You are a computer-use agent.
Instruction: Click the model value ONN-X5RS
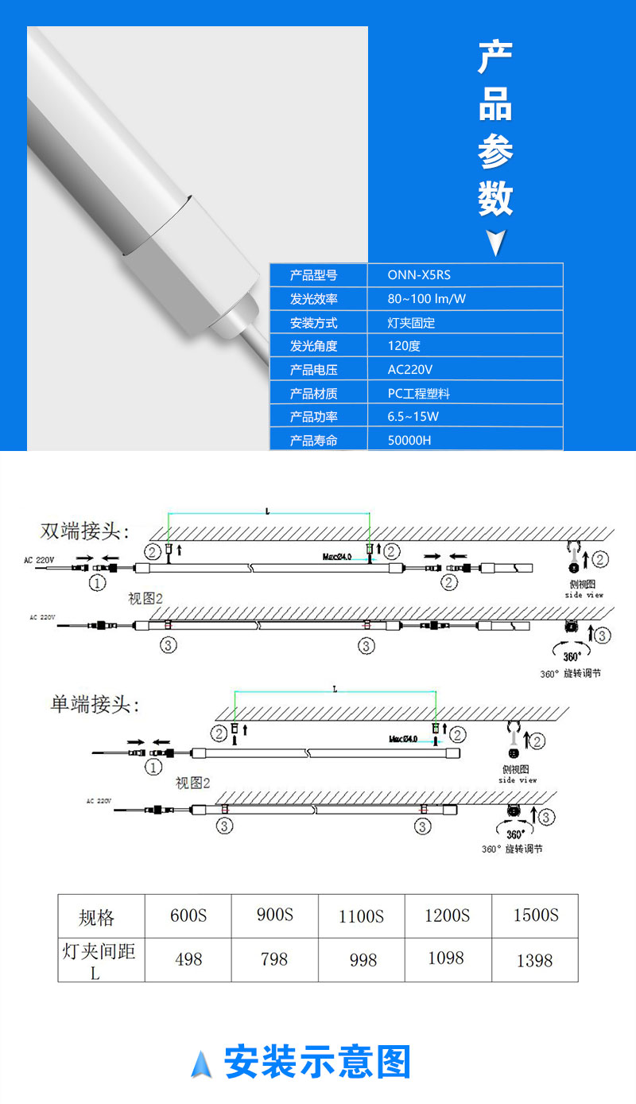pyautogui.click(x=419, y=275)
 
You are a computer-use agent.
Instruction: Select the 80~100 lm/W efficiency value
pyautogui.click(x=427, y=299)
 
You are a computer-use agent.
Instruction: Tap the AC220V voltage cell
pyautogui.click(x=410, y=370)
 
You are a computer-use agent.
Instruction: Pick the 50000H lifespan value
pyautogui.click(x=409, y=440)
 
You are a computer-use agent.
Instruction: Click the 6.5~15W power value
pyautogui.click(x=413, y=417)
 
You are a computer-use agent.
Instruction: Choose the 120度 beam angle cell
pyautogui.click(x=404, y=346)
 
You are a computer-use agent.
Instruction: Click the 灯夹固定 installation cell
pyautogui.click(x=411, y=323)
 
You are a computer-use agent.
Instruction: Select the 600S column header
pyautogui.click(x=188, y=915)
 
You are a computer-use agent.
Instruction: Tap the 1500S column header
pyautogui.click(x=535, y=915)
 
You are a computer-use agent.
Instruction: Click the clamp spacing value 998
pyautogui.click(x=363, y=960)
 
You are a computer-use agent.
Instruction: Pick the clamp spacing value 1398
pyautogui.click(x=534, y=961)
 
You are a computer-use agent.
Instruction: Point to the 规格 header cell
pyautogui.click(x=96, y=918)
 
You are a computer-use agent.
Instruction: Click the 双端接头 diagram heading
pyautogui.click(x=85, y=531)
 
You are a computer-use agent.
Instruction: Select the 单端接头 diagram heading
pyautogui.click(x=95, y=704)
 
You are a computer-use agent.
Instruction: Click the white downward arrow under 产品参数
pyautogui.click(x=495, y=243)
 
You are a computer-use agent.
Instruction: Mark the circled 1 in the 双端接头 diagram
pyautogui.click(x=97, y=583)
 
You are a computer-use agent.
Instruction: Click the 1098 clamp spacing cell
pyautogui.click(x=446, y=958)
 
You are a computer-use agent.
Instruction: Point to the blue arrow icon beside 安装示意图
pyautogui.click(x=201, y=1063)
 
